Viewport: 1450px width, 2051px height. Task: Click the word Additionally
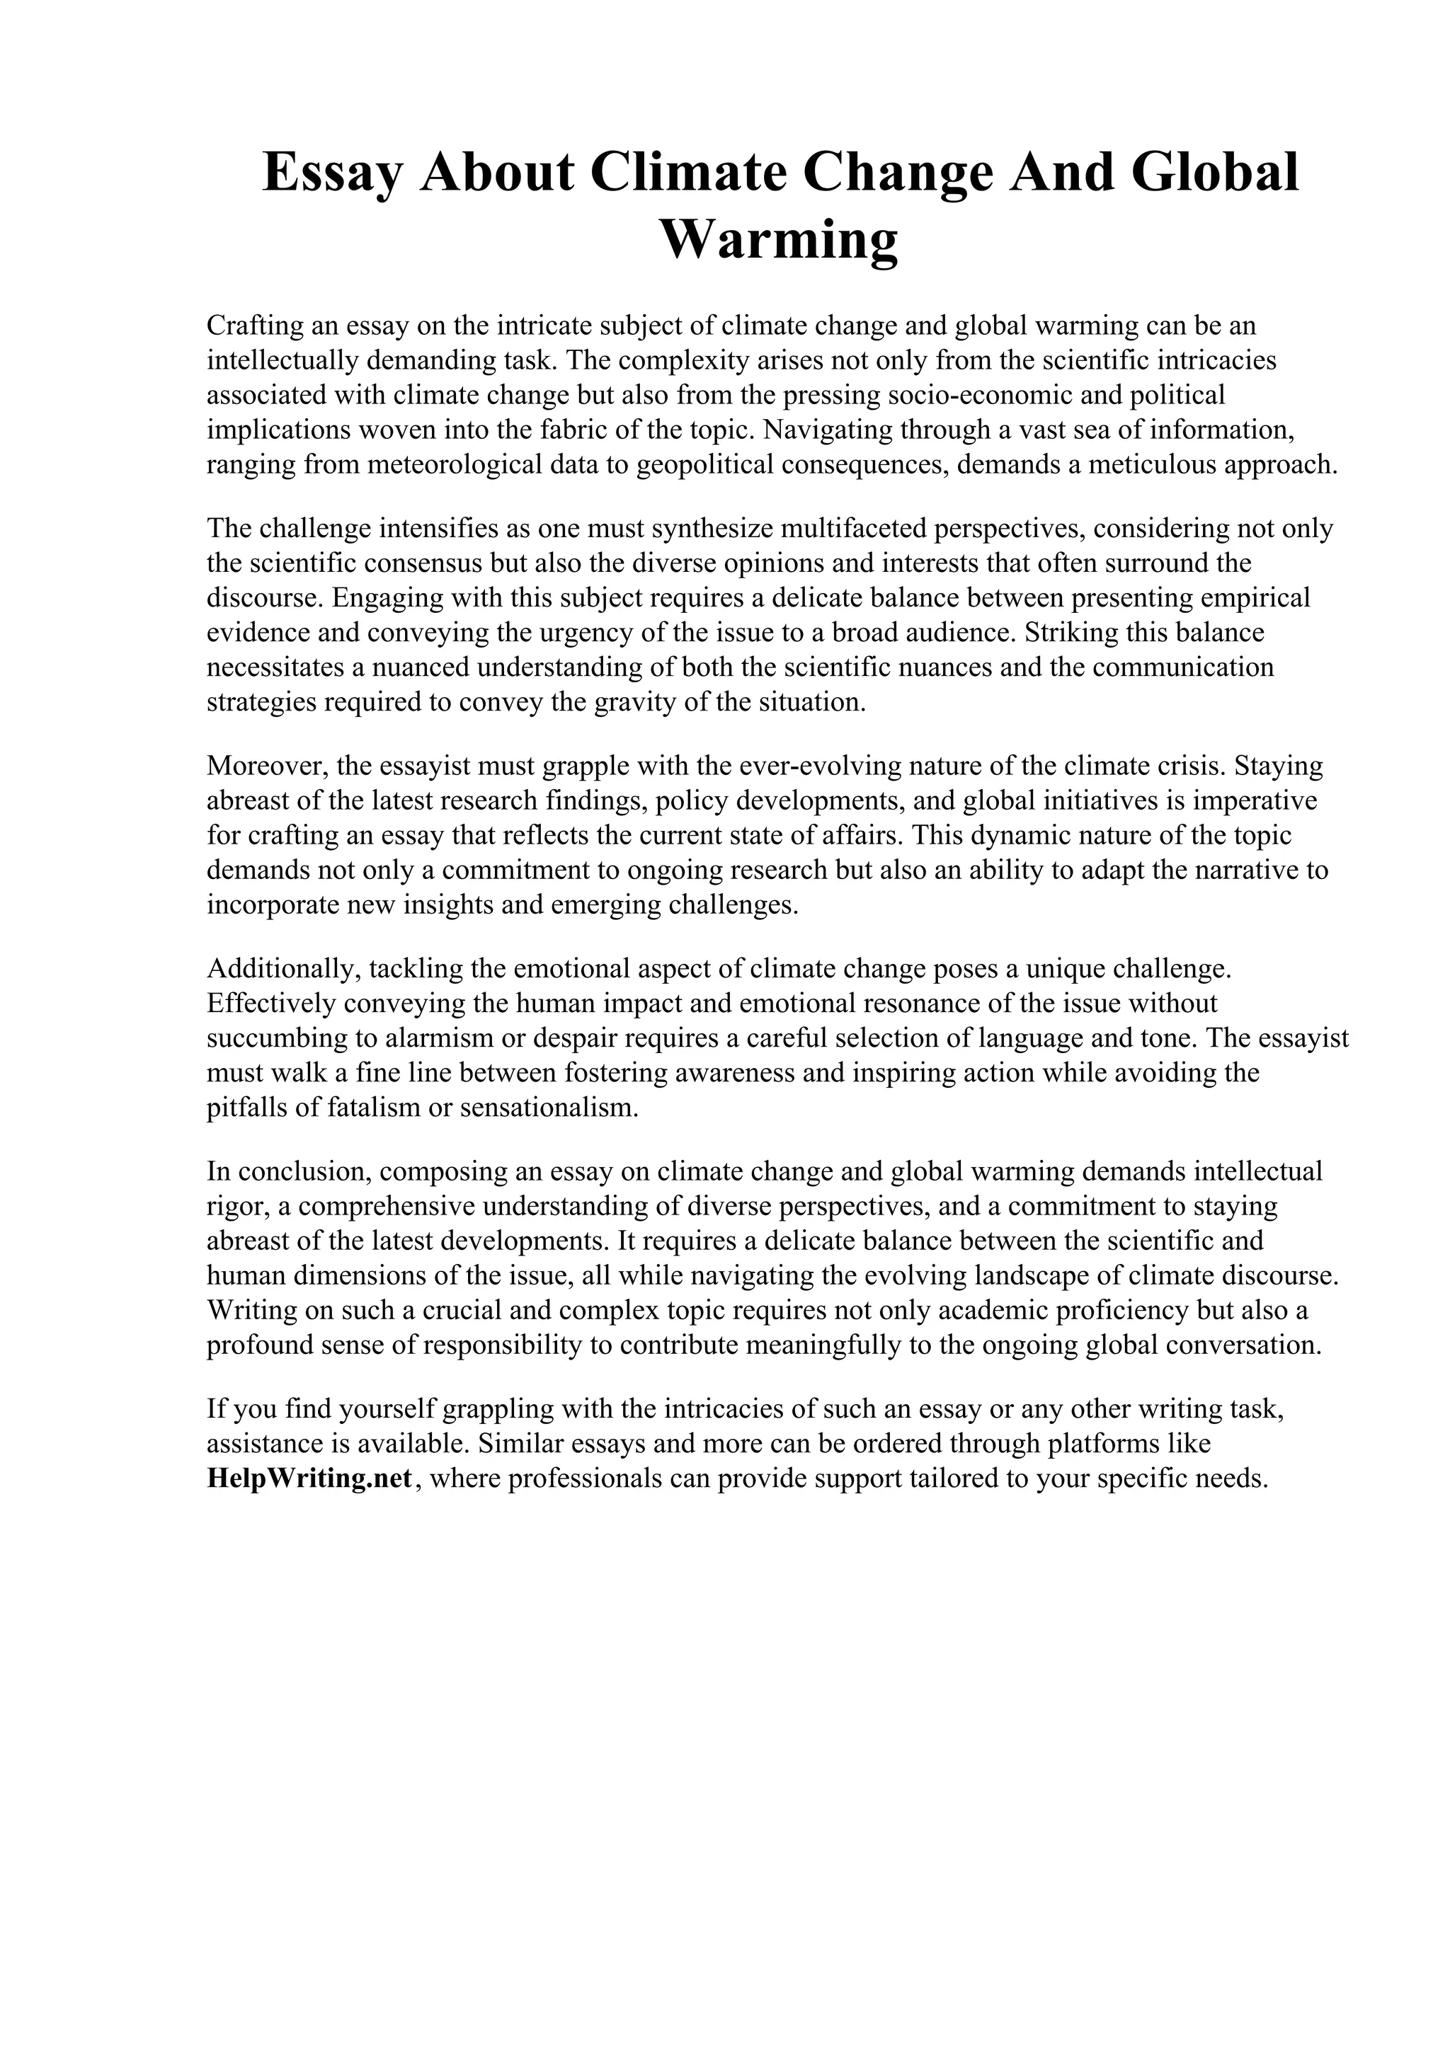click(283, 968)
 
